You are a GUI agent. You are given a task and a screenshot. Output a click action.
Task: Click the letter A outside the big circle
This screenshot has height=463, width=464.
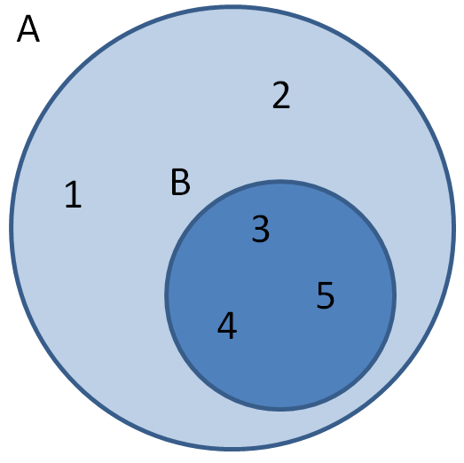tap(28, 28)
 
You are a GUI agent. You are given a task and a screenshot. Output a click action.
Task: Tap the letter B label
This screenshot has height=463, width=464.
tap(180, 182)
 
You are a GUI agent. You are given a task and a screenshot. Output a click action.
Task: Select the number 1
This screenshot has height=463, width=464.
tap(73, 194)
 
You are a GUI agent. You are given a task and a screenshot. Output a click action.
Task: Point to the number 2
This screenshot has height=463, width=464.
tap(281, 95)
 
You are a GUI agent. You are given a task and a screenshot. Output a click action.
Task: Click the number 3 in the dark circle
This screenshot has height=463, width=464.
tap(261, 229)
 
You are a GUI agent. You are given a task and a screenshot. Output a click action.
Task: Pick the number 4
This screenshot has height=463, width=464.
tap(227, 326)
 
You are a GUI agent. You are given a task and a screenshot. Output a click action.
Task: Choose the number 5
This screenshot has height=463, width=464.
tap(326, 295)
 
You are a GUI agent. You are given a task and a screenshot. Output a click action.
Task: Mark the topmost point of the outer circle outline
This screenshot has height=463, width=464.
tap(232, 6)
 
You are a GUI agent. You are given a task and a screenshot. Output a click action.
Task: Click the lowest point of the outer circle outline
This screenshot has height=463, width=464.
tap(232, 450)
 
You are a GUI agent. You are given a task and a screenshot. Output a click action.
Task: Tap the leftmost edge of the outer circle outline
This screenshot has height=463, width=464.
tap(12, 228)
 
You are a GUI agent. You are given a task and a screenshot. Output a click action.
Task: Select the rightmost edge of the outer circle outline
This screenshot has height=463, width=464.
tap(454, 228)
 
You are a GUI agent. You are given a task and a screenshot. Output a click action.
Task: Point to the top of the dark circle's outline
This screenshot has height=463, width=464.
tap(280, 181)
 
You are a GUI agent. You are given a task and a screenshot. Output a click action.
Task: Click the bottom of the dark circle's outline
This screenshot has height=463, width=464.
tap(280, 410)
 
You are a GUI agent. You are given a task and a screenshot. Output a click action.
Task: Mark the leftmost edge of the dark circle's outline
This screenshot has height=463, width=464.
tap(166, 295)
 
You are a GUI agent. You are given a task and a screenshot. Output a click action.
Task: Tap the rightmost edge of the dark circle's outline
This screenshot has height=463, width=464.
tap(395, 295)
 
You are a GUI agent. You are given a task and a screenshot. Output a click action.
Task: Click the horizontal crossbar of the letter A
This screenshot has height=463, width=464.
tap(28, 34)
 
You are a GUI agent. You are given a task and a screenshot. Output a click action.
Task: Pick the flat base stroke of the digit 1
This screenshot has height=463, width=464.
tap(74, 206)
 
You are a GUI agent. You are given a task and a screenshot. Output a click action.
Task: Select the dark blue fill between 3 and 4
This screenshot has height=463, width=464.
tap(244, 277)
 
